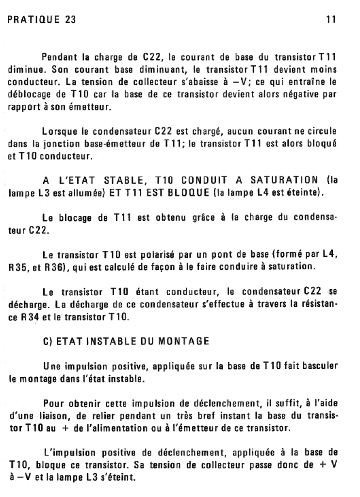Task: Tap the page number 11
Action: (x=331, y=20)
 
